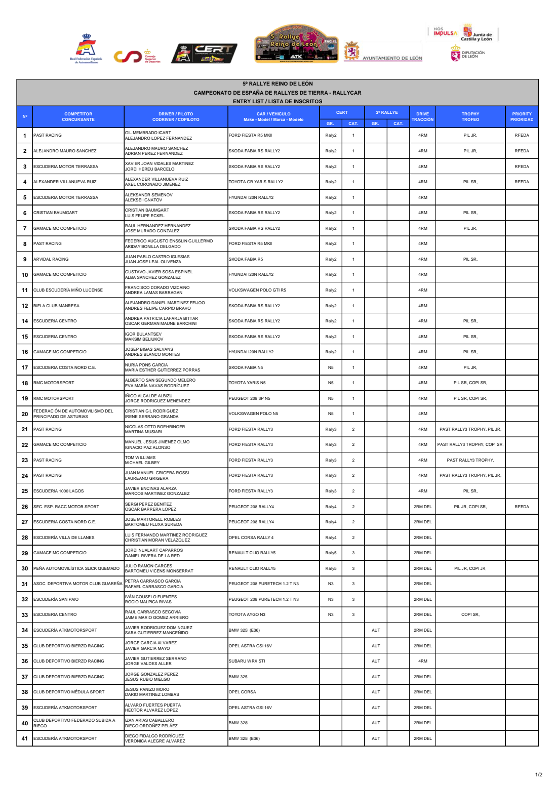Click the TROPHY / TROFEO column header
coord(470,117)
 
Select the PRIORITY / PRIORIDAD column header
coord(522,117)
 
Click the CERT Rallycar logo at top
coord(204,54)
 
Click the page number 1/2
coord(539,774)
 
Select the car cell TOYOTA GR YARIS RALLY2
coord(256,182)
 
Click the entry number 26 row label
coord(25,507)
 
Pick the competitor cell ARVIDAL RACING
coord(51,259)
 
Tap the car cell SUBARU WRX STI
coord(247,661)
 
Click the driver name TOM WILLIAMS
coord(140,458)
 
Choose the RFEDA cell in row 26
coord(522,507)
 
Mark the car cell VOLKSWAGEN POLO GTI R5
coord(257,290)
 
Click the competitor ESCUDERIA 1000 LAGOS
coord(59,491)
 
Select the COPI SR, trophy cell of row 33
coord(470,614)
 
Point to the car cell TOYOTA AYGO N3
coord(247,614)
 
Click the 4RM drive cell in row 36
coord(422,661)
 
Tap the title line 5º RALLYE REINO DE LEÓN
coord(277,84)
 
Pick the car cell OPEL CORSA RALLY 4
coord(251,537)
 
